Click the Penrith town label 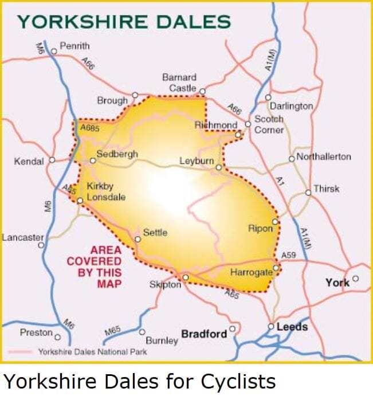click(x=74, y=46)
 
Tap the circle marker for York click(x=355, y=279)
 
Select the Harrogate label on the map click(x=250, y=272)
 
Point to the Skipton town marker click(x=185, y=278)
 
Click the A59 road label click(x=289, y=255)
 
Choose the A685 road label click(x=90, y=129)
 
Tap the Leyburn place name click(x=196, y=162)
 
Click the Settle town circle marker click(x=138, y=239)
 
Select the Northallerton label click(x=324, y=156)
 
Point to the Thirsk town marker click(x=308, y=193)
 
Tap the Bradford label click(x=204, y=334)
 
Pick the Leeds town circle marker click(x=272, y=327)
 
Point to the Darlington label click(x=292, y=106)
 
